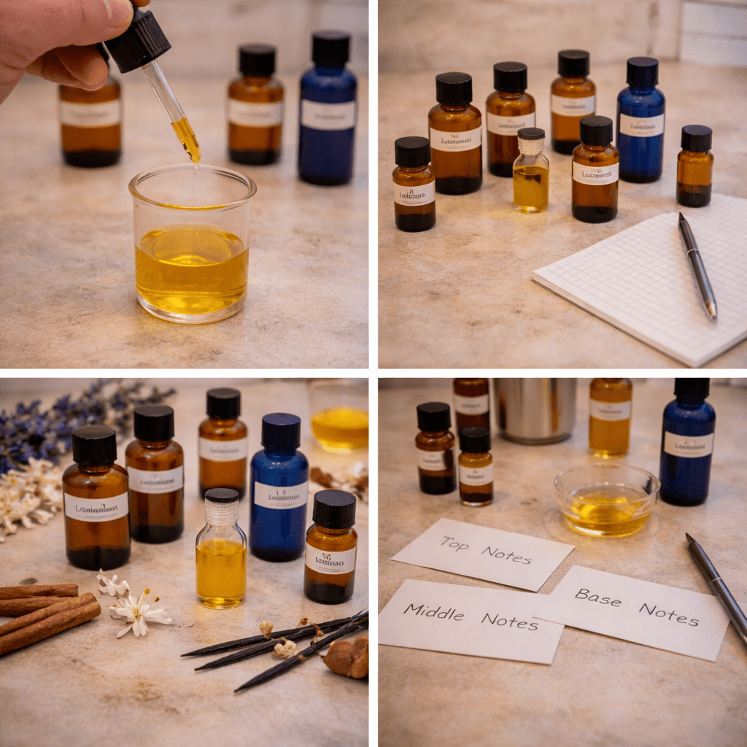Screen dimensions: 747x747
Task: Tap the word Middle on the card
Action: click(x=434, y=611)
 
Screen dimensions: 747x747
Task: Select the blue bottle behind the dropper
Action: click(x=328, y=109)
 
